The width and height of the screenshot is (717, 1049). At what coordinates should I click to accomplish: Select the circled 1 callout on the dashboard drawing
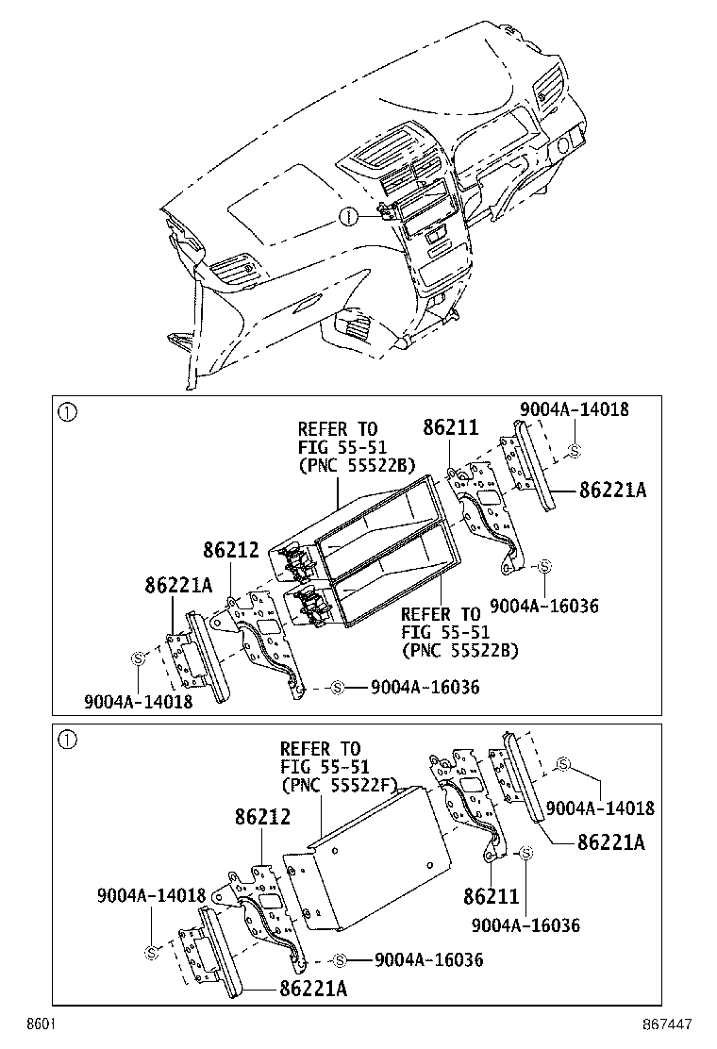(349, 217)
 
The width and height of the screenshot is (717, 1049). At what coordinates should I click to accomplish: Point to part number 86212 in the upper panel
(231, 549)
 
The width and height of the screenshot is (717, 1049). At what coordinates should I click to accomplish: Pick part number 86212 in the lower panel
(263, 817)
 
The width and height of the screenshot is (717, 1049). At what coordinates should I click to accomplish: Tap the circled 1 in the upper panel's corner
(66, 411)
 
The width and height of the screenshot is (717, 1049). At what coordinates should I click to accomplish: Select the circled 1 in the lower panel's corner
(66, 740)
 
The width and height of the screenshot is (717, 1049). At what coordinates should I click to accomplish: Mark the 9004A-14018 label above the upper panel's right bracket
(574, 409)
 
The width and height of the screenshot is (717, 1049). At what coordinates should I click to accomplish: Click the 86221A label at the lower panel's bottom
(313, 988)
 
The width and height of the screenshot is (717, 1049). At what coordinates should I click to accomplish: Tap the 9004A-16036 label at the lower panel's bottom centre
(428, 959)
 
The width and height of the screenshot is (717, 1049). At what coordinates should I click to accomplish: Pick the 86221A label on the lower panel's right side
(610, 841)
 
